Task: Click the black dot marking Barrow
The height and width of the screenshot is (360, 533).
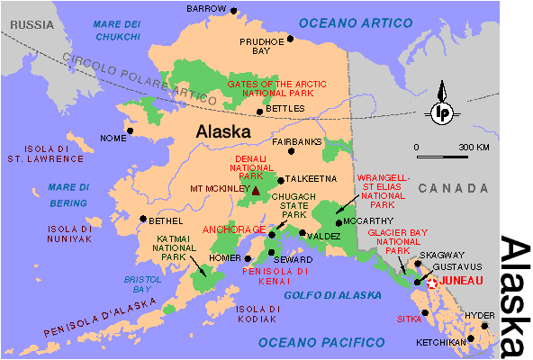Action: (x=234, y=11)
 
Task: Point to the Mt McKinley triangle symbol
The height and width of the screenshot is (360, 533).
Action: (x=256, y=190)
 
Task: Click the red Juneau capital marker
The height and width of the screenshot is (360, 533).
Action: (x=431, y=282)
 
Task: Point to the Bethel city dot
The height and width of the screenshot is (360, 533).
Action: (x=141, y=218)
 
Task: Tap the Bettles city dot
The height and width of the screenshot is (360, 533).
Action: (x=260, y=112)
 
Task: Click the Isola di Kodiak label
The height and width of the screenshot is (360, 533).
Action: (x=255, y=313)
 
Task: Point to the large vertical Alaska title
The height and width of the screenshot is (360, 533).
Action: (x=515, y=296)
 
